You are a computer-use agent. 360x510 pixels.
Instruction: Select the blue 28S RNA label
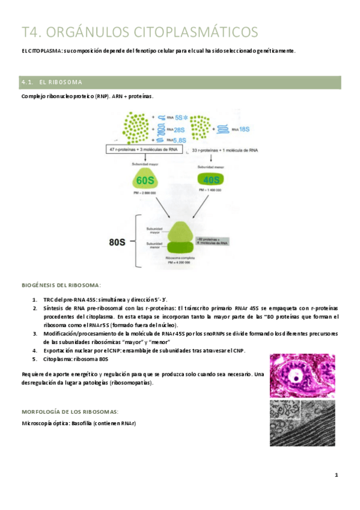179,129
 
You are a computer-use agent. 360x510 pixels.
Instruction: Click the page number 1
337,475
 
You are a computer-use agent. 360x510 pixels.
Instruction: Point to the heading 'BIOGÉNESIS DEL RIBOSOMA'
61,284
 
